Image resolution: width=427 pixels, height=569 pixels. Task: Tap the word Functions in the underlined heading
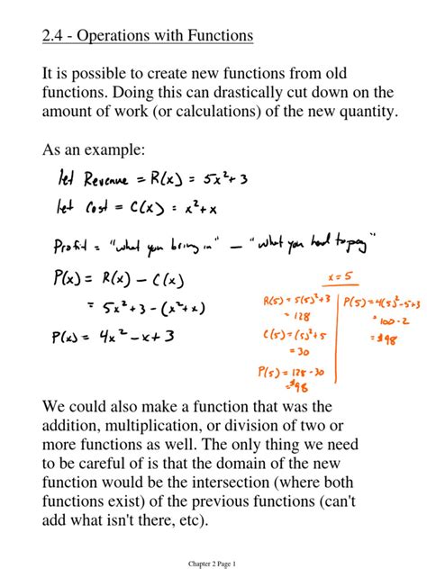(215, 36)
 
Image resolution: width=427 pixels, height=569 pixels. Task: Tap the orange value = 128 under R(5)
(275, 317)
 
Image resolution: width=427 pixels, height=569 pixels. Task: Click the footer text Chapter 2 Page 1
(213, 564)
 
